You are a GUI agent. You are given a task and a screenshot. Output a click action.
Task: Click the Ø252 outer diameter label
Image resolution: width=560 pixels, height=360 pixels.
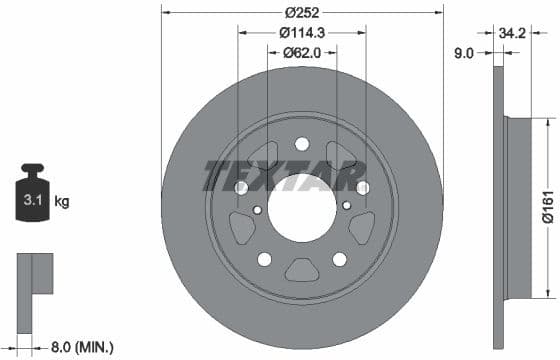tap(301, 13)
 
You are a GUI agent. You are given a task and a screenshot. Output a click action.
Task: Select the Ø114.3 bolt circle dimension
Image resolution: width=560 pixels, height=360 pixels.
tap(301, 33)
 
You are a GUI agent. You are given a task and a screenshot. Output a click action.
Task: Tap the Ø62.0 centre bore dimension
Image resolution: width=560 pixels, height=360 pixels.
tap(301, 53)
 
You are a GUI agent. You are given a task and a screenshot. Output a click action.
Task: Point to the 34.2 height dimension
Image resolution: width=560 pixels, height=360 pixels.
tap(514, 33)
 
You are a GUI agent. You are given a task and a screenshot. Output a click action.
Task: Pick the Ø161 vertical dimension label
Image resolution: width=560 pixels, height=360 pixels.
tap(548, 208)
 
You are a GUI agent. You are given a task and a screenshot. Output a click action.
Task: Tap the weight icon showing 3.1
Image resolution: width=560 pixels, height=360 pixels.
tap(31, 199)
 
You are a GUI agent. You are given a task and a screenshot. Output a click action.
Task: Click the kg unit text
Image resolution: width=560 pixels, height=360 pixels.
tap(62, 202)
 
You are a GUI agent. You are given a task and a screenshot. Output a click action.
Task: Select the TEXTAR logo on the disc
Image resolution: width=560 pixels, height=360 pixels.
tap(285, 175)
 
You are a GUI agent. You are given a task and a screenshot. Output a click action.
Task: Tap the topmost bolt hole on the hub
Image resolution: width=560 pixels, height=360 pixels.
tap(301, 144)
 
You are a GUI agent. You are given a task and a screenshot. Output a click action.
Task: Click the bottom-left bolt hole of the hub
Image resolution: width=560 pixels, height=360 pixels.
tap(265, 259)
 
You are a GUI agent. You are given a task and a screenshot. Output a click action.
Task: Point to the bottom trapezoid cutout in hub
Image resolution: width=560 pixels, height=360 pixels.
tap(301, 268)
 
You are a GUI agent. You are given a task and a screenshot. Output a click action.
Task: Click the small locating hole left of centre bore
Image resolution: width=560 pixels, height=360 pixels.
tap(258, 210)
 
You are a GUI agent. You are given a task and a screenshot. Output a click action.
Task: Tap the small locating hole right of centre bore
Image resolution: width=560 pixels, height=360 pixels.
tap(345, 210)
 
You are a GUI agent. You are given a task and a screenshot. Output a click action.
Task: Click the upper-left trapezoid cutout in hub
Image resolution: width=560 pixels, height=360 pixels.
tap(265, 156)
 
